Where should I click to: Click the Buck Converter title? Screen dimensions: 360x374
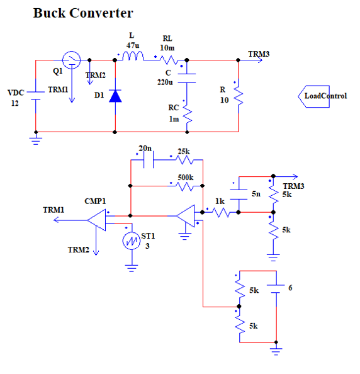[83, 13]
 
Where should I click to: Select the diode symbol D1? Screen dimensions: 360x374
[115, 96]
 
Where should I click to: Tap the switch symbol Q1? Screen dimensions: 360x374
[72, 60]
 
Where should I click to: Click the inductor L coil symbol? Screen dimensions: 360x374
[133, 56]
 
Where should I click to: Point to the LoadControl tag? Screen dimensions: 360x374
[323, 96]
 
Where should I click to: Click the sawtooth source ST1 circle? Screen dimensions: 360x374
[132, 241]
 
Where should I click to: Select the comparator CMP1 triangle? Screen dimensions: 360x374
[96, 220]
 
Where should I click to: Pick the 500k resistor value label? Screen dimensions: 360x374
[186, 178]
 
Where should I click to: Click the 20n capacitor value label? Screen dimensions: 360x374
[145, 149]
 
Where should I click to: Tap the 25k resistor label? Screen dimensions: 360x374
[184, 152]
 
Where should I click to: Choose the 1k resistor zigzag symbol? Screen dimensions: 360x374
[222, 212]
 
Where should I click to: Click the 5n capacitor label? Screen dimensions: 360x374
[256, 194]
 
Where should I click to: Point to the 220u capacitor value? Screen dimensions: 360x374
[165, 82]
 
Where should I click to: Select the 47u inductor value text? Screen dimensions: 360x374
[133, 45]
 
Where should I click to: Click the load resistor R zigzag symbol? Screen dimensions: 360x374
[239, 96]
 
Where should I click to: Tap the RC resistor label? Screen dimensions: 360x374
[174, 108]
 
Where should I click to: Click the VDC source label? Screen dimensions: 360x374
[16, 93]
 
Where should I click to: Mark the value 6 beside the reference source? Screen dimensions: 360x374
[290, 288]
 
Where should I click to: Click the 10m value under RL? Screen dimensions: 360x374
[167, 48]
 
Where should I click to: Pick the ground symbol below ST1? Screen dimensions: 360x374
[132, 268]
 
